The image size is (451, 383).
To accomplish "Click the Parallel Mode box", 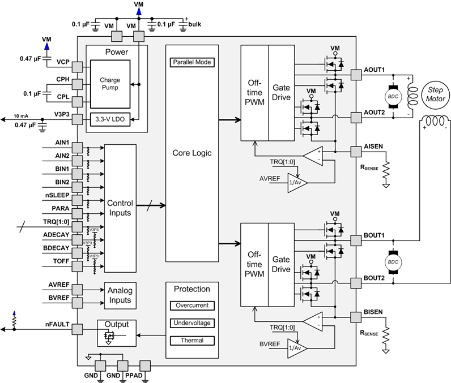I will [x=192, y=62].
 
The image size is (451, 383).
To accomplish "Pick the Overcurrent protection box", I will [x=192, y=305].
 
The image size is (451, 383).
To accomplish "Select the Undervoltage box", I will [x=192, y=322].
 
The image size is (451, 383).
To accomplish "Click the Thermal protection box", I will [x=192, y=341].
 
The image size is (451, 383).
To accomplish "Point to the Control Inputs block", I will [x=121, y=208].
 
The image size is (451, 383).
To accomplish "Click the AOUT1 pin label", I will [x=374, y=70].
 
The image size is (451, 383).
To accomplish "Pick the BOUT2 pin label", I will [x=374, y=279].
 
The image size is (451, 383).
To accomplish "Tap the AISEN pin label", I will [x=374, y=146].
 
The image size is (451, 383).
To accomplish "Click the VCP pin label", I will [x=62, y=61].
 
